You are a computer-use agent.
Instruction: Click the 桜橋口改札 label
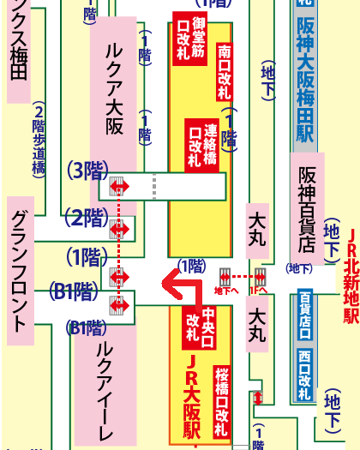(223, 395)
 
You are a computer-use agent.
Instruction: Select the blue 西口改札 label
(305, 376)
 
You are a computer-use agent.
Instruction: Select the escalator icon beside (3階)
(119, 185)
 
